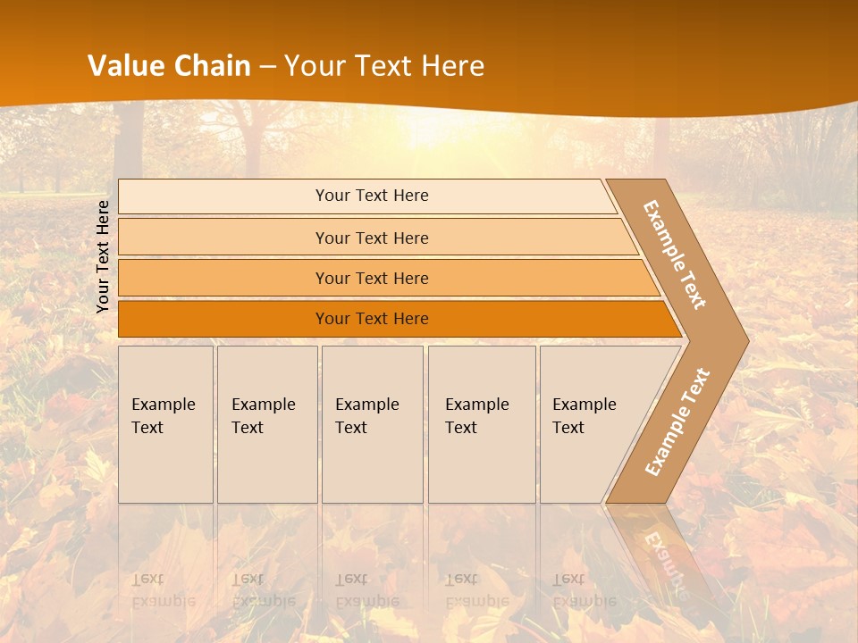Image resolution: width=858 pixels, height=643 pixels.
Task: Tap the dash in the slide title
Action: tap(267, 67)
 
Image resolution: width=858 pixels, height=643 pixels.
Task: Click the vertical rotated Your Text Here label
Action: tap(103, 256)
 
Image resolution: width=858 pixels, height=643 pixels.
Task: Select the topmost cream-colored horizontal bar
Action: tap(371, 196)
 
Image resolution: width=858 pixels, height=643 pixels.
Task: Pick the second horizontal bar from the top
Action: tap(371, 238)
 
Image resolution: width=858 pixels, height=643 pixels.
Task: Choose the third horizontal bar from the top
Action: tap(371, 278)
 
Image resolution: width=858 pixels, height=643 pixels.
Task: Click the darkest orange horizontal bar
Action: tap(371, 319)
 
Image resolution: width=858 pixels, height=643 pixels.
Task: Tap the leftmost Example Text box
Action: tap(165, 424)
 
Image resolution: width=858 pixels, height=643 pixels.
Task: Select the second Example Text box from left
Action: tap(266, 424)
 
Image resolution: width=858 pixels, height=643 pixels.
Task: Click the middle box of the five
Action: tap(372, 424)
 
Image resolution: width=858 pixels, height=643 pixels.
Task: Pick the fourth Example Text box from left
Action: tap(482, 424)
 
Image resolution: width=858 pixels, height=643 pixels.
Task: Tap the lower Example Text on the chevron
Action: tap(677, 422)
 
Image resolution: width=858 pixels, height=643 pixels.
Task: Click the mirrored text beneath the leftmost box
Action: tap(164, 590)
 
